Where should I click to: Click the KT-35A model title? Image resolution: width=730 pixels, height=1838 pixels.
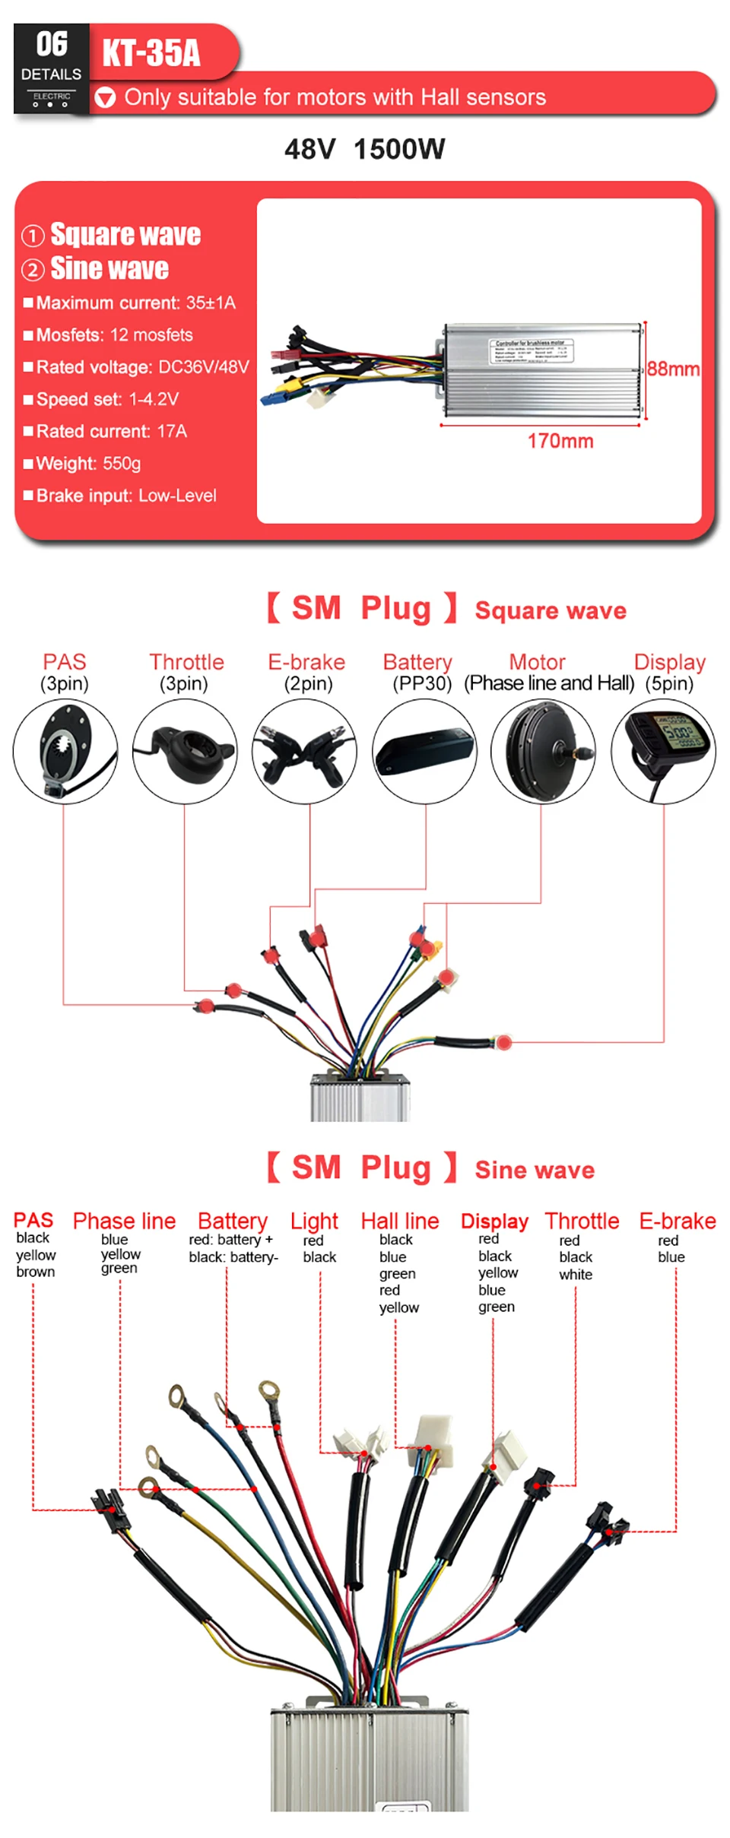151,52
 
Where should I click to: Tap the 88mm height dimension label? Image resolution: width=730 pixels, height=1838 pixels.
673,369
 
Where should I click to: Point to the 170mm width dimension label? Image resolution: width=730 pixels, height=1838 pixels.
560,441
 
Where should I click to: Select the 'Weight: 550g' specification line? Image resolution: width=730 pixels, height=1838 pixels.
88,464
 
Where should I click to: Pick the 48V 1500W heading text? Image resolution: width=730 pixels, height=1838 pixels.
364,149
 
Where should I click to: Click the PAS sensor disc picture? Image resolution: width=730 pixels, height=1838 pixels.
65,751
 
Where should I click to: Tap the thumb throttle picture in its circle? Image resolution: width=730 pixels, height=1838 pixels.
185,751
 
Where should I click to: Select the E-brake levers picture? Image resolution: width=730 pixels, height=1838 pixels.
304,751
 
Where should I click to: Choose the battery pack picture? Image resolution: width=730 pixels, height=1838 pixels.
424,751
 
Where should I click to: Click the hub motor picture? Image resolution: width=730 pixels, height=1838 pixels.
543,751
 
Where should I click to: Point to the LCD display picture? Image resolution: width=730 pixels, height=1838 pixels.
663,751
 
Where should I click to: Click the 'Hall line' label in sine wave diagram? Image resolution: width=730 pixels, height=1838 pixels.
400,1221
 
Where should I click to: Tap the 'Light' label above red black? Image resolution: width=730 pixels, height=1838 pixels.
314,1221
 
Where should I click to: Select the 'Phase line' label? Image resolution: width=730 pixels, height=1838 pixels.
124,1221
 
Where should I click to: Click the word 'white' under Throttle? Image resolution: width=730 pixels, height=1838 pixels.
576,1275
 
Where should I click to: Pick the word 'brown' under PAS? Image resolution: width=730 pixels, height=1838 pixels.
36,1272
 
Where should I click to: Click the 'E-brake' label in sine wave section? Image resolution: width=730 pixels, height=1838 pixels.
677,1221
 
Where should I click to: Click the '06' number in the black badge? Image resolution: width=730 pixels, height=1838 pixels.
52,44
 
